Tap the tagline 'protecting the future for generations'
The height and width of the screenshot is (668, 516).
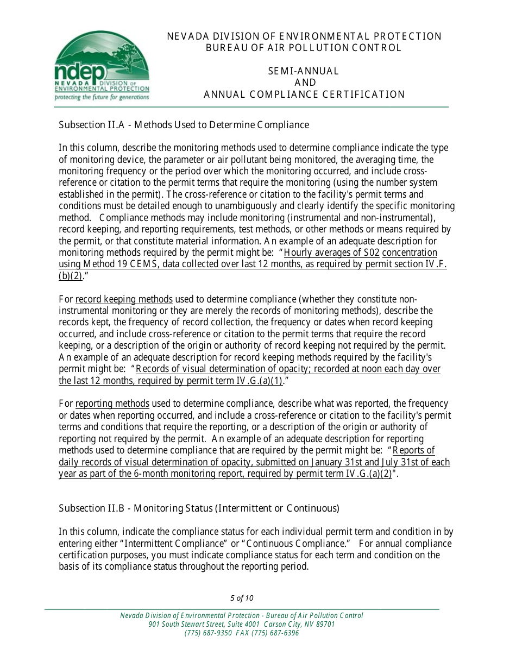(x=102, y=97)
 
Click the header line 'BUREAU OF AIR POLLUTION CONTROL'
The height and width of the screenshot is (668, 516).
(x=304, y=48)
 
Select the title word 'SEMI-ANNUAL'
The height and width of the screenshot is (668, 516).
(x=304, y=71)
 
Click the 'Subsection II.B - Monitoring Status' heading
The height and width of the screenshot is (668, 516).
(x=199, y=508)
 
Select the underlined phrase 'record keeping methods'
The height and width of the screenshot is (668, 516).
(x=124, y=299)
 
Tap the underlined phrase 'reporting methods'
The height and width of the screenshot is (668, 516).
(x=112, y=404)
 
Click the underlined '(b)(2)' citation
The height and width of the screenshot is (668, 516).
(x=70, y=276)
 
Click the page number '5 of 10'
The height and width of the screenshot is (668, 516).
(x=242, y=598)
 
